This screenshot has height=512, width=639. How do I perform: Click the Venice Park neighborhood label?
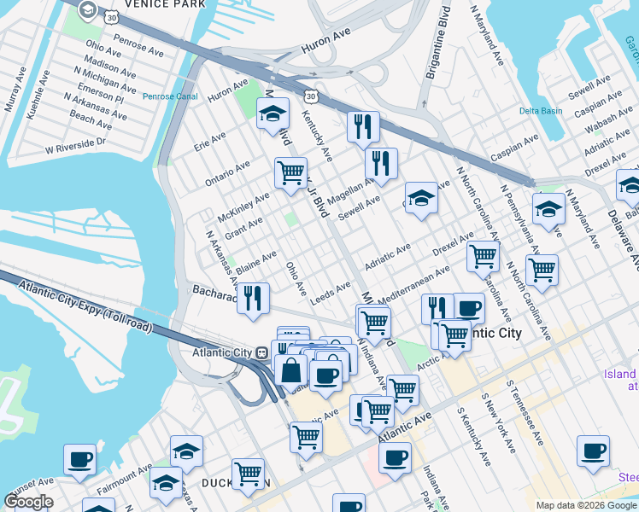click(x=165, y=4)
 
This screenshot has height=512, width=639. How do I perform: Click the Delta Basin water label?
click(x=541, y=111)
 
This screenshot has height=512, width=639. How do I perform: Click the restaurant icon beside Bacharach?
click(x=253, y=298)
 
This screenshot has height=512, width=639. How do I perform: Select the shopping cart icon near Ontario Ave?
click(x=290, y=172)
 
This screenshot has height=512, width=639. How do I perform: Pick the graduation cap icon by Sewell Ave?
click(x=419, y=199)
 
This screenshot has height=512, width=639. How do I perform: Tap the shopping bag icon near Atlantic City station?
click(x=290, y=370)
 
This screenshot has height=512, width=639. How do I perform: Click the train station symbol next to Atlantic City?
click(x=261, y=352)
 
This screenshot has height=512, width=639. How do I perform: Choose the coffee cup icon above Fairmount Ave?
click(x=79, y=459)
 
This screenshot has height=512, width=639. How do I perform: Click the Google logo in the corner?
click(x=28, y=502)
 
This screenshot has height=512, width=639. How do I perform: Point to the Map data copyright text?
click(x=586, y=505)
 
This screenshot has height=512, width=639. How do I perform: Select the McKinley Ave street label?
click(x=243, y=204)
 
